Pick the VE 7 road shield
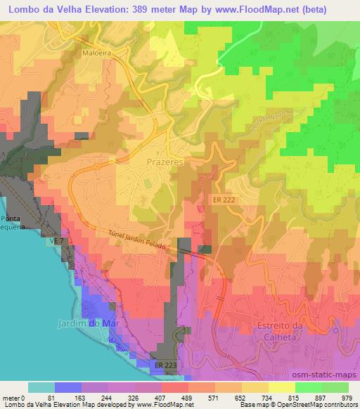click(x=56, y=241)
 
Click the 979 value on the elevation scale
click(x=347, y=397)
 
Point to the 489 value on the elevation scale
click(x=188, y=397)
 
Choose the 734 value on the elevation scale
click(x=267, y=397)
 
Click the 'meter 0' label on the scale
click(x=14, y=397)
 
